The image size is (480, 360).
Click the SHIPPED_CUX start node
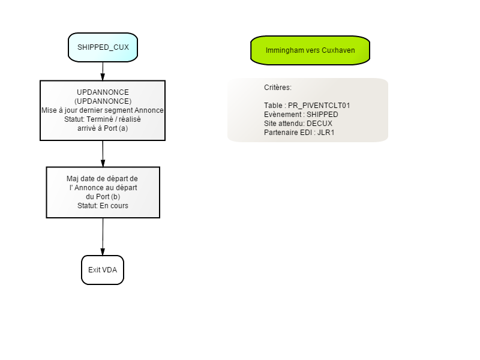[x=103, y=47]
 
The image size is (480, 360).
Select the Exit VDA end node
[x=103, y=270]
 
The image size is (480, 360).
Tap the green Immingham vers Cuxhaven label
[x=310, y=50]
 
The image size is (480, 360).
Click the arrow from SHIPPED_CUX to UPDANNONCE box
[x=103, y=71]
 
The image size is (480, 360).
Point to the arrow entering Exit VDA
[x=103, y=236]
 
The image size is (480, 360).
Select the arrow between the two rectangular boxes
[x=103, y=154]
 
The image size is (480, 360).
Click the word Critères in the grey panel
[x=278, y=88]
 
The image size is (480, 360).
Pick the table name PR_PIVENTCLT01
[x=319, y=106]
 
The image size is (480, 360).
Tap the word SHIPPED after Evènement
[x=322, y=115]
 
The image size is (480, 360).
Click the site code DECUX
[x=319, y=124]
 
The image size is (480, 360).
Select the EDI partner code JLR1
[x=326, y=133]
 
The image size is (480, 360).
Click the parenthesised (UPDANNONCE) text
[x=103, y=101]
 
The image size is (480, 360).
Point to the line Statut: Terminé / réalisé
[x=103, y=119]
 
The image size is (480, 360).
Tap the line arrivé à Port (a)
[x=103, y=128]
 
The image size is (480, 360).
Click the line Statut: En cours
[x=103, y=206]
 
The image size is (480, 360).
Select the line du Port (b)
[x=103, y=197]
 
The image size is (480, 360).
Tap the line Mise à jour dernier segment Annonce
[x=103, y=110]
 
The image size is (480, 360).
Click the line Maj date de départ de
[x=102, y=179]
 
